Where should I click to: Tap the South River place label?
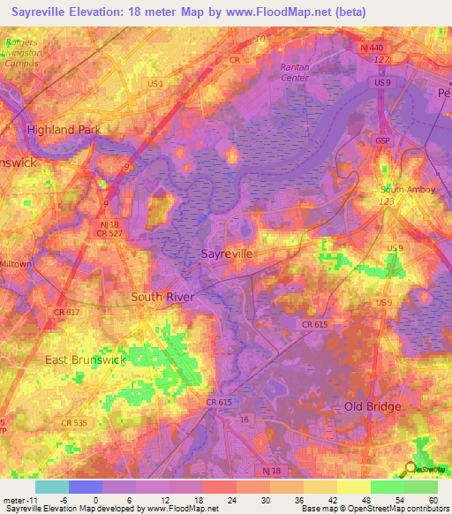point(162,297)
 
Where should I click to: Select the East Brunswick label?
point(87,360)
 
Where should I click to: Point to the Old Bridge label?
point(373,406)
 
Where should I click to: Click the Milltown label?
point(15,264)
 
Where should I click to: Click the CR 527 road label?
point(109,233)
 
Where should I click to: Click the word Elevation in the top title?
point(99,11)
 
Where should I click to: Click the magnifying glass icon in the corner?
point(411,467)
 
